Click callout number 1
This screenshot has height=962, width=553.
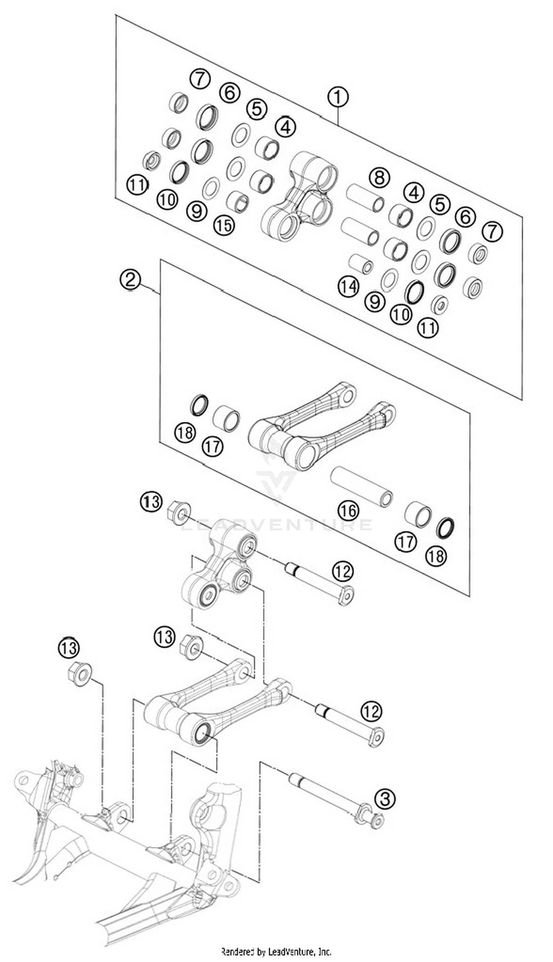click(x=338, y=97)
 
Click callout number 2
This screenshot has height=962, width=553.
click(x=130, y=280)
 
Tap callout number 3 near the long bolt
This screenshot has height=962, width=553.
click(x=385, y=798)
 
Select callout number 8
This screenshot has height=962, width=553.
click(x=379, y=177)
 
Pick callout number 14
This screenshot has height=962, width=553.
click(x=348, y=287)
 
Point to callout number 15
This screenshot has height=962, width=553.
click(x=224, y=225)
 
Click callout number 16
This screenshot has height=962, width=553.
click(x=348, y=510)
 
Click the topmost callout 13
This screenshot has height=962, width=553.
click(x=151, y=502)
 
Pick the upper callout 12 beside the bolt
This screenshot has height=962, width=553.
click(x=342, y=571)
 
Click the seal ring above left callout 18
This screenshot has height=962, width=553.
click(x=199, y=404)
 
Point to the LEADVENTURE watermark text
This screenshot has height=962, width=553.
click(x=276, y=524)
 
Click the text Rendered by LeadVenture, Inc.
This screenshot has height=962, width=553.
click(x=276, y=951)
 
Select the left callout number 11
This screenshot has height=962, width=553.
click(x=137, y=185)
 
